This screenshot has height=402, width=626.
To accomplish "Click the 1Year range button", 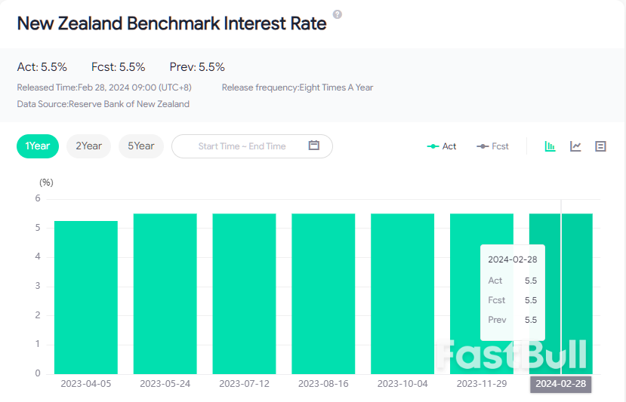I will click(37, 146).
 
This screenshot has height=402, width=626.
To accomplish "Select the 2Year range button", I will click(88, 146).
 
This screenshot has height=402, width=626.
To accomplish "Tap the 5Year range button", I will click(140, 146).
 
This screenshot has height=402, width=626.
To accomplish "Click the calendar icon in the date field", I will click(314, 146).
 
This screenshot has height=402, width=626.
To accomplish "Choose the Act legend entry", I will click(442, 146).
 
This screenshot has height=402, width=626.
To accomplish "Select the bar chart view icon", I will click(550, 146).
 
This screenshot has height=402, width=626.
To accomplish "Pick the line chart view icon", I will click(575, 146).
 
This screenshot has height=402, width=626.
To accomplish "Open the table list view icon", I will click(600, 146).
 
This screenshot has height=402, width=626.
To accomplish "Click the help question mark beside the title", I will click(337, 14).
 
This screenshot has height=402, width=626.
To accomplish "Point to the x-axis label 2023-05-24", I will click(165, 384).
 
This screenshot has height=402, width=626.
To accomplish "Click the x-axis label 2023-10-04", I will click(402, 384).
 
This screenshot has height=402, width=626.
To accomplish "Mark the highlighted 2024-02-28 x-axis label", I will click(561, 384).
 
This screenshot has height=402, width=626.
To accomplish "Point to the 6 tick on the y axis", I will click(36, 198).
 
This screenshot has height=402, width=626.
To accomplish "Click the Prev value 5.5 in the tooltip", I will click(530, 320).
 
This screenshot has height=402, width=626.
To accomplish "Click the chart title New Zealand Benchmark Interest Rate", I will click(171, 23).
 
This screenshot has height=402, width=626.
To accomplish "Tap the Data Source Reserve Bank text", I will click(103, 104).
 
